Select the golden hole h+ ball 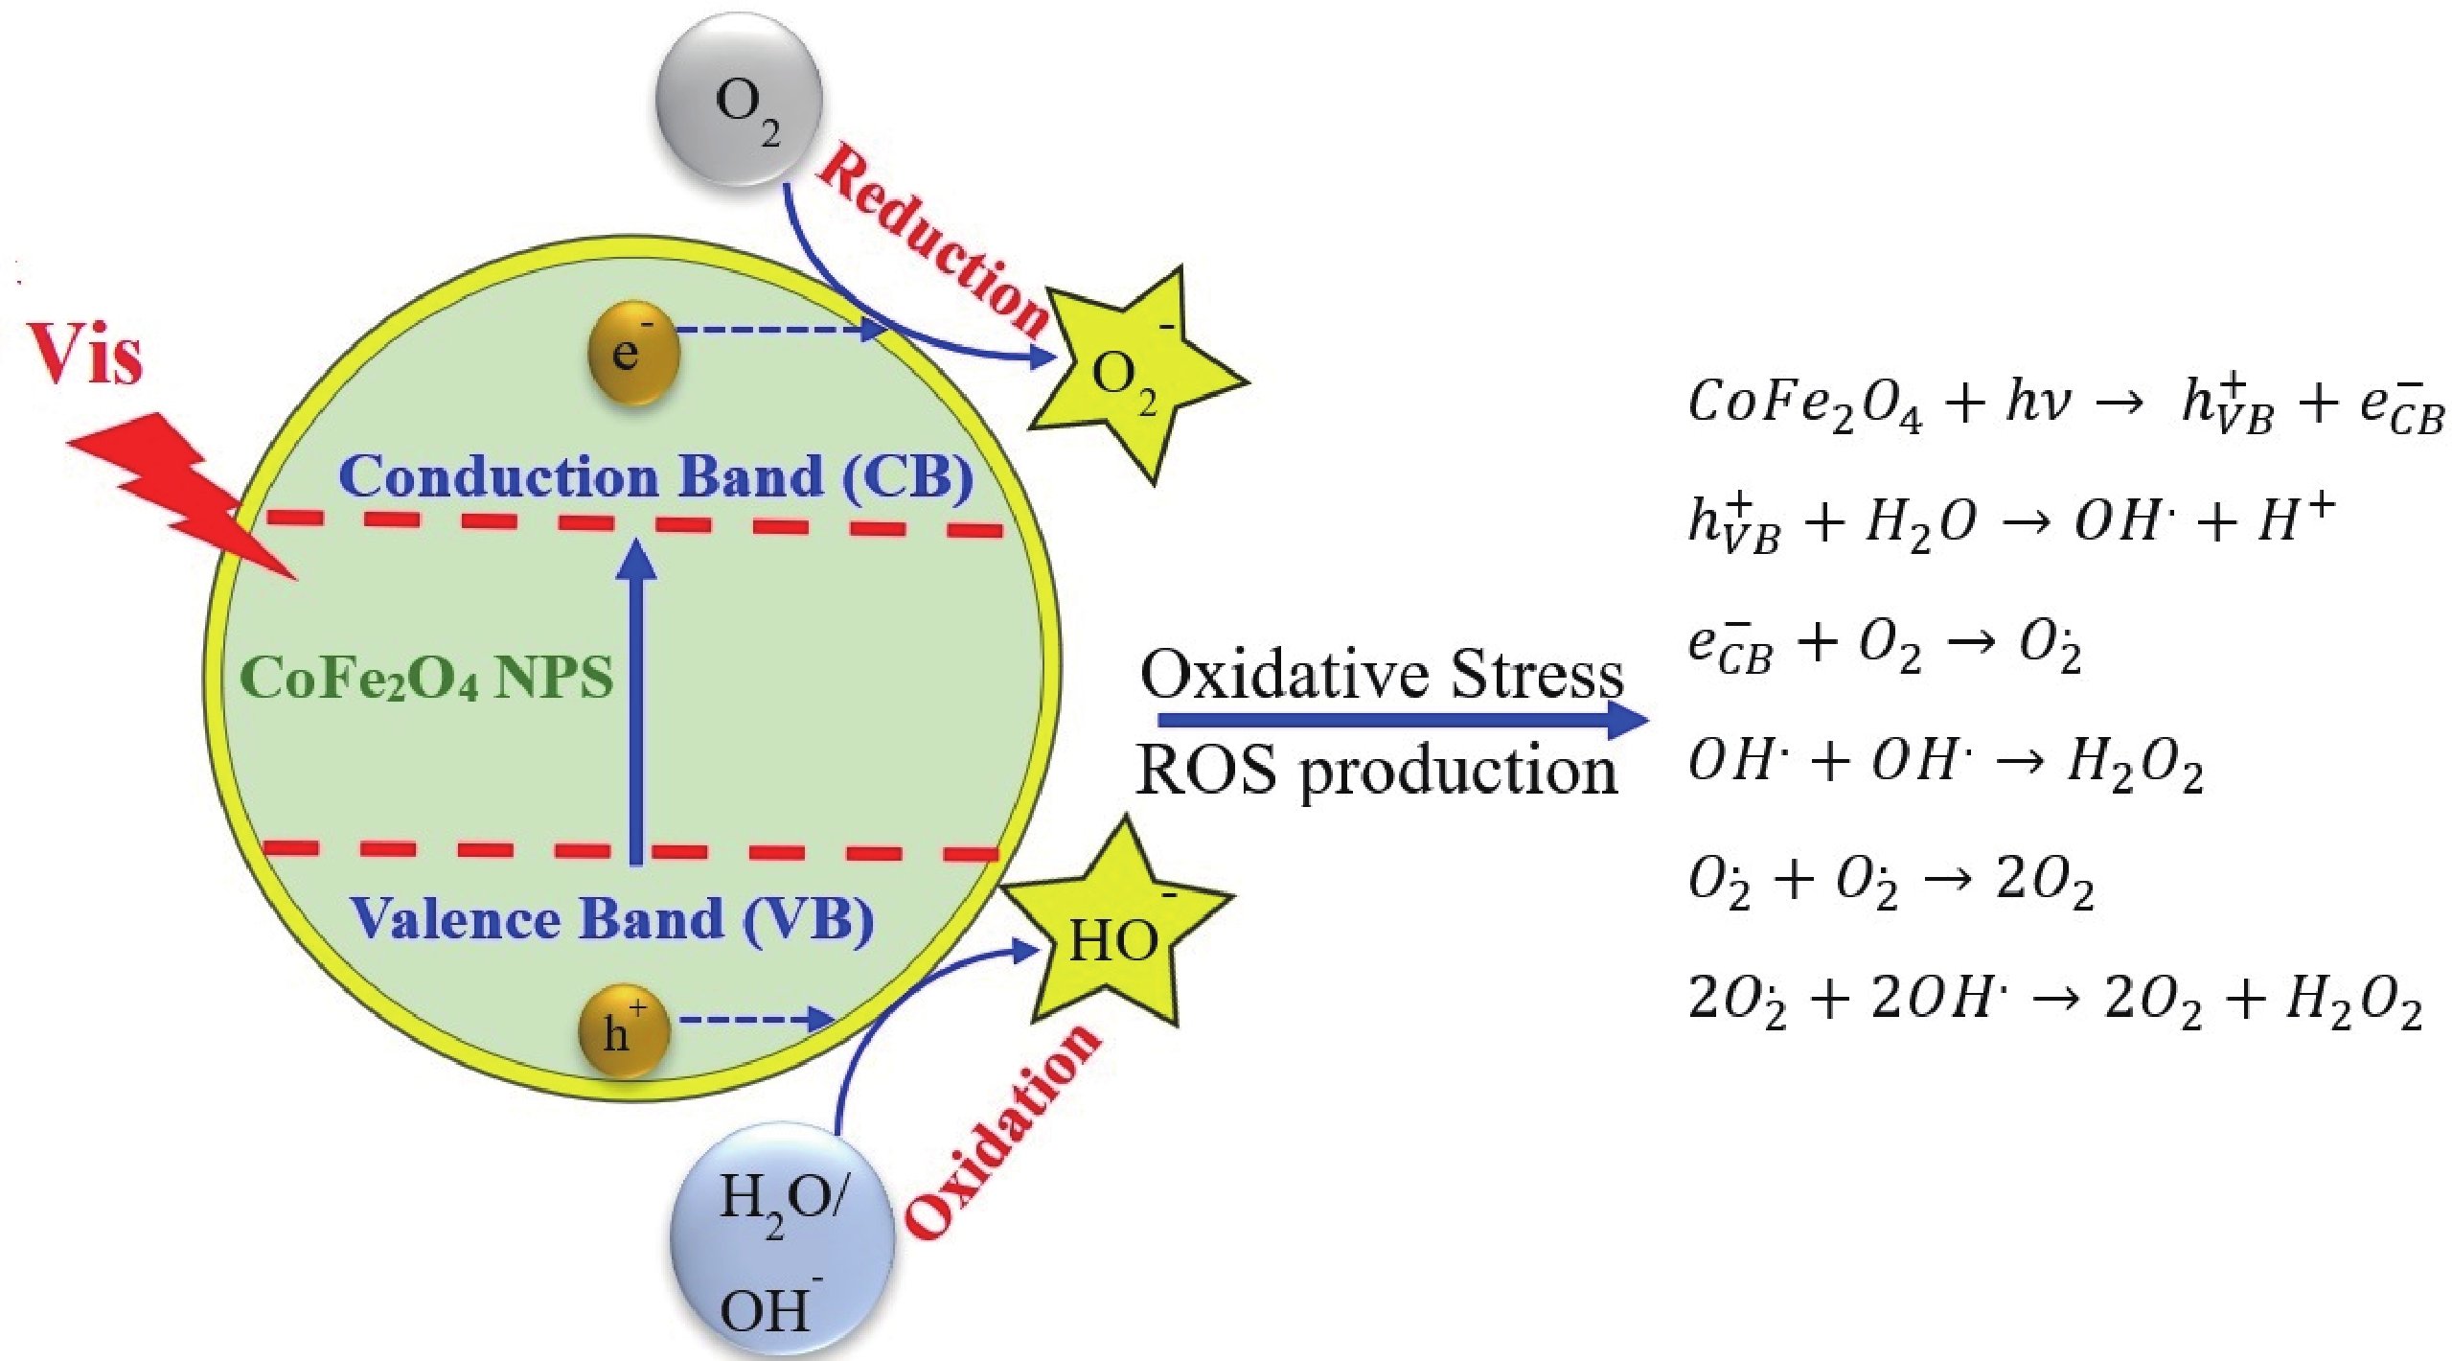click(x=624, y=1033)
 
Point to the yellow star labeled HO click(x=1117, y=934)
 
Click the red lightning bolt click(x=182, y=498)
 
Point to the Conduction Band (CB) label click(x=655, y=476)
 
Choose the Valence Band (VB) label click(x=613, y=918)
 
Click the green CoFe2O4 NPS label click(x=426, y=679)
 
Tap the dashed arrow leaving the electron click(x=781, y=330)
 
